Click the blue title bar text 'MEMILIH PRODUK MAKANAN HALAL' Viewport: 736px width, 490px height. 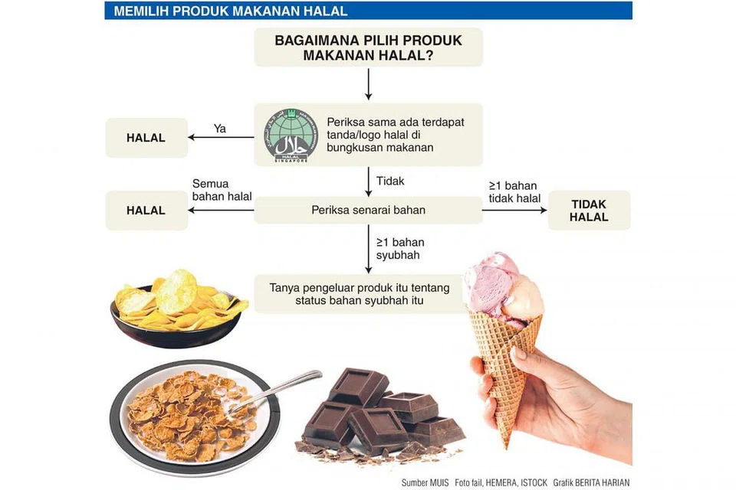pos(230,11)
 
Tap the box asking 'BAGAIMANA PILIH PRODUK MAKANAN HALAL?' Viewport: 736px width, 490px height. pos(368,47)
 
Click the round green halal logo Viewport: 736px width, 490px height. pos(291,136)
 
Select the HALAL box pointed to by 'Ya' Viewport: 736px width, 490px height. pos(146,138)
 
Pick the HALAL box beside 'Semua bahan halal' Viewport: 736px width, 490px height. pos(146,210)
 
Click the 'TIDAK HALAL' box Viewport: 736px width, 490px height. pos(589,211)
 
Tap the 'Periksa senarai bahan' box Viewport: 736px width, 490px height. pos(368,210)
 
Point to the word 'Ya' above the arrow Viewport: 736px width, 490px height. pos(220,129)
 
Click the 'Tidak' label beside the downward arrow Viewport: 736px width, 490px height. pos(390,181)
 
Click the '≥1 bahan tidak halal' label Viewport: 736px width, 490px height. pos(514,191)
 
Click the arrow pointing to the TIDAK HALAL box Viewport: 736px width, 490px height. pos(514,211)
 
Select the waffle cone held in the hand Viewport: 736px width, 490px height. pos(504,360)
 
